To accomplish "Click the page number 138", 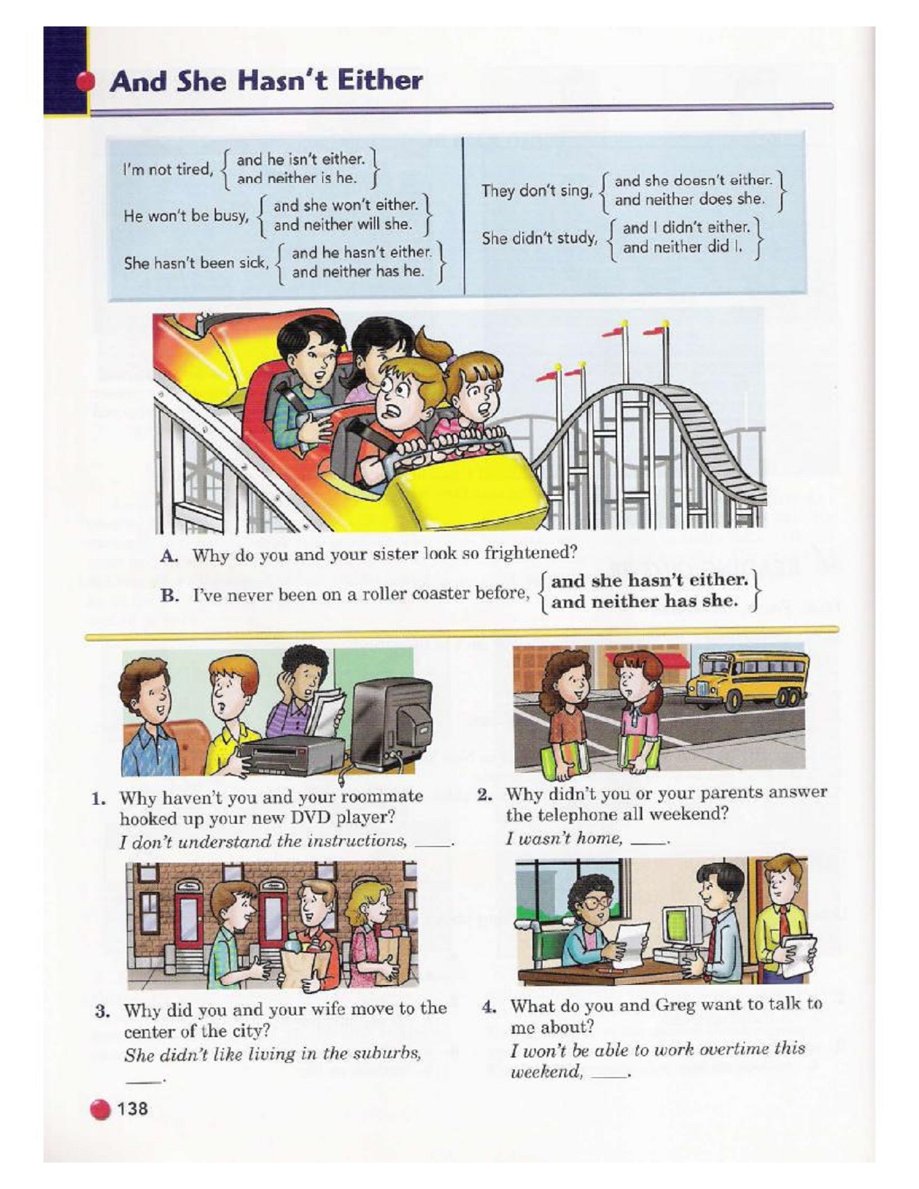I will [x=133, y=1108].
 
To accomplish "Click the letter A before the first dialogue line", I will [x=168, y=556].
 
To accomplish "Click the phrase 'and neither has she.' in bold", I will [x=644, y=602].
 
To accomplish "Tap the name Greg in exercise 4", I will [x=677, y=1005].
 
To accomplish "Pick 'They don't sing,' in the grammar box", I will [x=536, y=191].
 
